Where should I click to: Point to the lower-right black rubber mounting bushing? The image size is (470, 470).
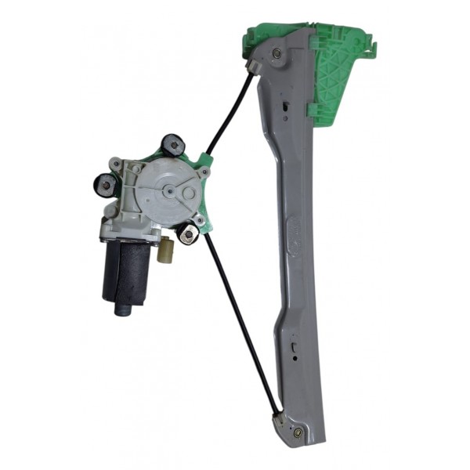point(186,233)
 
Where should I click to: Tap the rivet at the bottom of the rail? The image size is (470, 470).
point(298,431)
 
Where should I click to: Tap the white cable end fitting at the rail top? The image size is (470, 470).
point(254,67)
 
